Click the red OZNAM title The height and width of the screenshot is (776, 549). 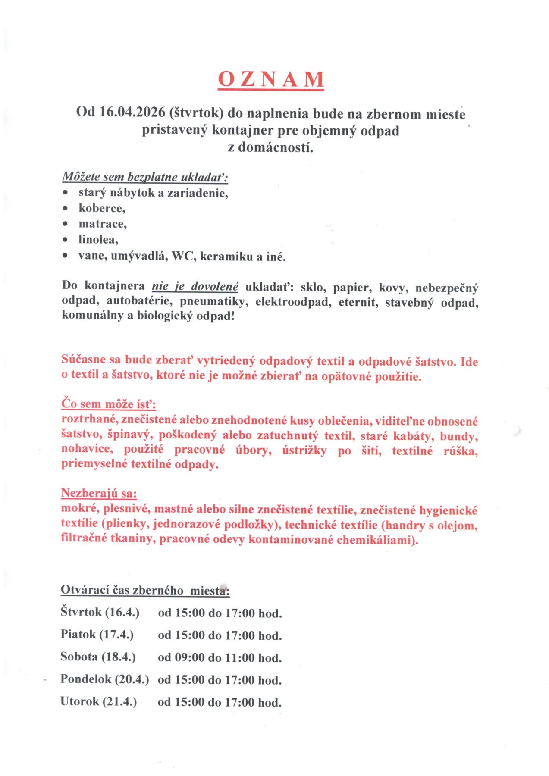click(x=270, y=79)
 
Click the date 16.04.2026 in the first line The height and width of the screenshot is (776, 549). click(x=132, y=112)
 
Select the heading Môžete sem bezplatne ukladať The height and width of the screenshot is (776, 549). click(x=145, y=177)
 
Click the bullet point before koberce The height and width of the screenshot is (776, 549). click(x=65, y=209)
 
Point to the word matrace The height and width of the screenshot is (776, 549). click(x=102, y=224)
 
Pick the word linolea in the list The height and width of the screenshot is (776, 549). click(x=98, y=240)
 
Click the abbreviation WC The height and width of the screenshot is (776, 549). click(x=183, y=256)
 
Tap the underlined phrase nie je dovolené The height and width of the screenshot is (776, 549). click(x=195, y=287)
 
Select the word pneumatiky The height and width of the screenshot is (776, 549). click(x=213, y=301)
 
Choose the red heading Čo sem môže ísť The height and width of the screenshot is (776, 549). click(x=109, y=404)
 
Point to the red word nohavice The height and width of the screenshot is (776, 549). click(x=86, y=449)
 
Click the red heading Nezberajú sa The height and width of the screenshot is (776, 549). click(x=99, y=493)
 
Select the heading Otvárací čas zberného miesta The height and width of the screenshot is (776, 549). click(x=145, y=590)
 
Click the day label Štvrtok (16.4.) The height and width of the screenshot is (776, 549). click(x=100, y=613)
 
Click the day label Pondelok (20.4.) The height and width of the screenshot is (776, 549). click(x=104, y=680)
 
